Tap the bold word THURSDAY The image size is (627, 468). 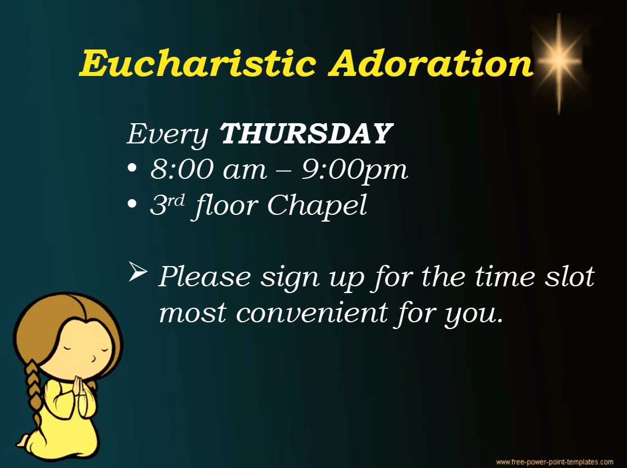[x=305, y=134]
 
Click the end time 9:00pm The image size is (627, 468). [x=355, y=170]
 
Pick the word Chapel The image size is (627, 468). [x=317, y=206]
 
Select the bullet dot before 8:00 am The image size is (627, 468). [x=132, y=169]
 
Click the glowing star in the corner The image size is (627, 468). [x=558, y=58]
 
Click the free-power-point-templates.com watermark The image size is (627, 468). [x=554, y=462]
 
